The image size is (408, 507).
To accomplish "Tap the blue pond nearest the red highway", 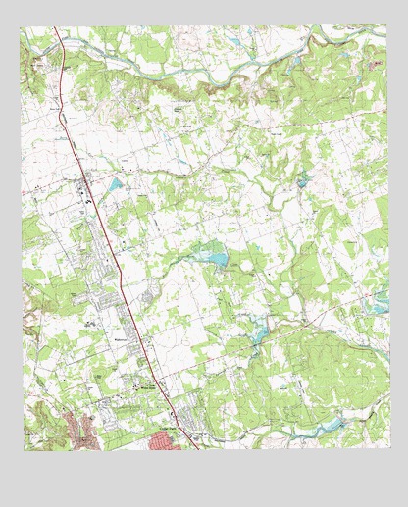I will coord(117,183).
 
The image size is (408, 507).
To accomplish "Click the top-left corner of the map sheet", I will coord(24,27).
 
